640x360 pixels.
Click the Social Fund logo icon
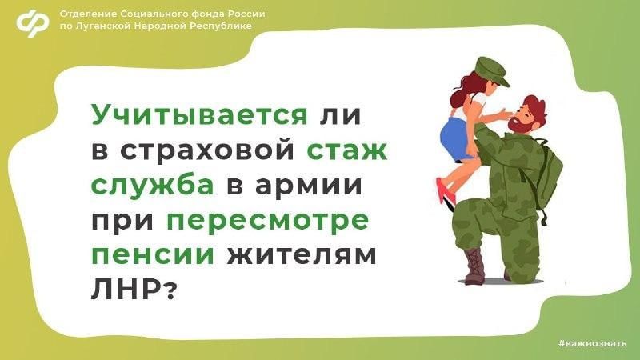coord(33,23)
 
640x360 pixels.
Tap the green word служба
coord(152,186)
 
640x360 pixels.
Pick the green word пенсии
coord(152,255)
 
